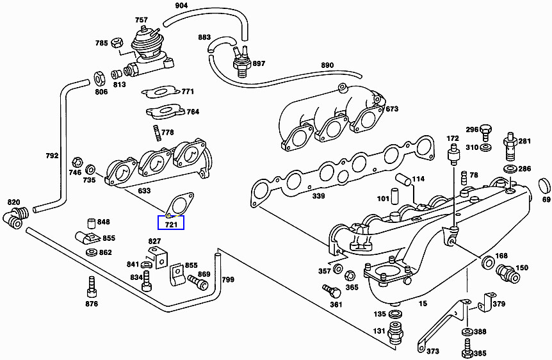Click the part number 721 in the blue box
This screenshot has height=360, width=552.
[x=171, y=225]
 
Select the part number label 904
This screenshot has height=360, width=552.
[x=183, y=6]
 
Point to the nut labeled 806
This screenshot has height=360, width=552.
[x=101, y=79]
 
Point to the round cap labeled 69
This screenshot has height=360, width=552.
[x=544, y=186]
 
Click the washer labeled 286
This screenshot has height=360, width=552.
[x=510, y=169]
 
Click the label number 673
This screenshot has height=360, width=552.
[x=392, y=109]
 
